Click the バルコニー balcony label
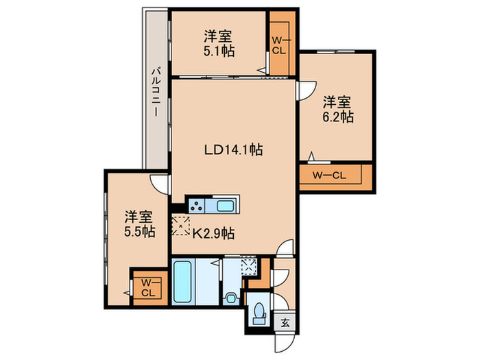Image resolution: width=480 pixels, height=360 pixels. click(x=157, y=92)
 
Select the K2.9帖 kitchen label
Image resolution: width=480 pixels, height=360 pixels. click(x=213, y=233)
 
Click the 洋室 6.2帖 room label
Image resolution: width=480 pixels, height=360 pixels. click(x=337, y=110)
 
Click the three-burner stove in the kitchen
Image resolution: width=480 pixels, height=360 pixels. click(x=200, y=206)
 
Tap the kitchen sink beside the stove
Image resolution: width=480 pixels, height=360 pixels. click(x=226, y=206)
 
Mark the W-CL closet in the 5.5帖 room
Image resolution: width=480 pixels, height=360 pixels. click(x=147, y=287)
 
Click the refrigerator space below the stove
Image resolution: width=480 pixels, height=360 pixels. click(x=182, y=224)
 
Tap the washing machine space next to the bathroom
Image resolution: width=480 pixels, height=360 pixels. click(x=250, y=267)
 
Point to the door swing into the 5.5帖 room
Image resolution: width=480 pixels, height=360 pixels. click(x=160, y=182)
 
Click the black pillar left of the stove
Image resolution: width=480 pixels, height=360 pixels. click(x=178, y=206)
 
